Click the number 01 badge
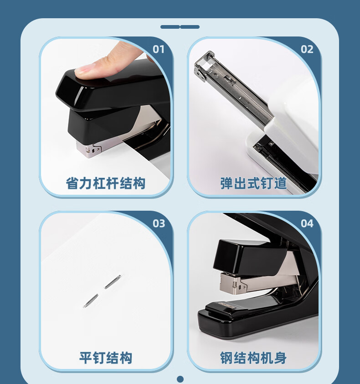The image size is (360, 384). [158, 49]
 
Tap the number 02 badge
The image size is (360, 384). [307, 49]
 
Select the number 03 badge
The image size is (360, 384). [159, 223]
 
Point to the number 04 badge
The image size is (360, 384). [307, 223]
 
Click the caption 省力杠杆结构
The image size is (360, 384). [105, 183]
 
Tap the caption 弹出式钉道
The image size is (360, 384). [253, 183]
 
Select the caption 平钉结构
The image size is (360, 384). [105, 358]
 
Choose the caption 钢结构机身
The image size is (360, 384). [253, 358]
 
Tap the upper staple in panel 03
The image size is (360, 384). [113, 282]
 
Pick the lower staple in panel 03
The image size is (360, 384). [91, 301]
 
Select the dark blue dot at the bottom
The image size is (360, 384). [180, 379]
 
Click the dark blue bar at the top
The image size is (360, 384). [180, 27]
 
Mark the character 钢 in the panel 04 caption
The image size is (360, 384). [226, 358]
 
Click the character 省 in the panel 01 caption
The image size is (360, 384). [72, 183]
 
